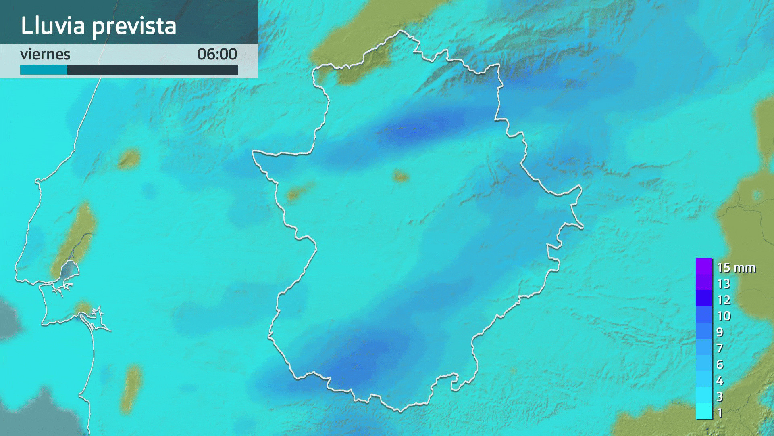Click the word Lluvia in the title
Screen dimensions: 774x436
pyautogui.click(x=53, y=26)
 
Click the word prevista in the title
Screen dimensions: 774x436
pyautogui.click(x=134, y=27)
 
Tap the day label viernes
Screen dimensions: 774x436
pyautogui.click(x=45, y=54)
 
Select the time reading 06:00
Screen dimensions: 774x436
pyautogui.click(x=217, y=54)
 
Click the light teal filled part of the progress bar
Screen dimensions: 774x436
pyautogui.click(x=44, y=70)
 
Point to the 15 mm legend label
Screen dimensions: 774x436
pyautogui.click(x=736, y=268)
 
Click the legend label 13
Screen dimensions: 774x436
pyautogui.click(x=724, y=284)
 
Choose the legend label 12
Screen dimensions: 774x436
pyautogui.click(x=724, y=300)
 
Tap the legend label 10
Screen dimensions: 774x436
pyautogui.click(x=724, y=316)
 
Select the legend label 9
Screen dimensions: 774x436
pyautogui.click(x=720, y=332)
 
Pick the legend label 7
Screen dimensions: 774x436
pyautogui.click(x=720, y=348)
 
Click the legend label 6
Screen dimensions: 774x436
pyautogui.click(x=720, y=365)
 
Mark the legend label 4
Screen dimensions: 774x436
pyautogui.click(x=720, y=381)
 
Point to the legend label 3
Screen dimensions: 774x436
pyautogui.click(x=720, y=397)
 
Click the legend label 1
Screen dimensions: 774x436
pyautogui.click(x=720, y=413)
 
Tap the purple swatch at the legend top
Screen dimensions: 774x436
pyautogui.click(x=704, y=266)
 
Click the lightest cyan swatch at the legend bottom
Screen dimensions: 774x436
pyautogui.click(x=704, y=411)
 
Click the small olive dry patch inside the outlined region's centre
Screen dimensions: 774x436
pyautogui.click(x=400, y=176)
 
